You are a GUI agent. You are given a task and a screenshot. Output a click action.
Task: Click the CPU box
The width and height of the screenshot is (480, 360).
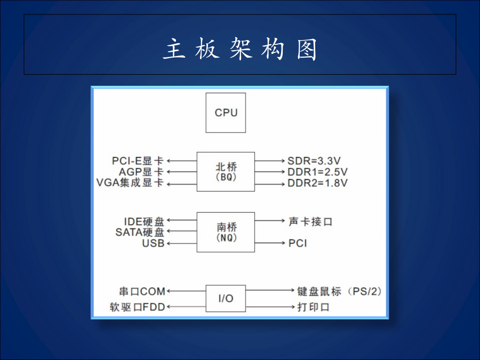pos(226,113)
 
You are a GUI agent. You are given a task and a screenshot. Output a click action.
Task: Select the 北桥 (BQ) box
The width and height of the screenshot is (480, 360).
pos(226,171)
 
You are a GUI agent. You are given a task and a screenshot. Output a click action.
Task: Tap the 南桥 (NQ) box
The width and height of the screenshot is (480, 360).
pos(226,232)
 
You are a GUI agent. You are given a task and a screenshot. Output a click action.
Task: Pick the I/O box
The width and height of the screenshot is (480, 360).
pos(226,298)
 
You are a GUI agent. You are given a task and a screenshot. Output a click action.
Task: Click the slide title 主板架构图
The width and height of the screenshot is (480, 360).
pos(240,50)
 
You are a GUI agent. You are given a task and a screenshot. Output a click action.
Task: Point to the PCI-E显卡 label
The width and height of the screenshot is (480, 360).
pos(138,160)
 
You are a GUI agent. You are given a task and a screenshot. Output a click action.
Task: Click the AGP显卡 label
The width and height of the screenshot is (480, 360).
pos(141,172)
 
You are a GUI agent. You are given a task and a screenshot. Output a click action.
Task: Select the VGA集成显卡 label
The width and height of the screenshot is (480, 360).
pos(130,183)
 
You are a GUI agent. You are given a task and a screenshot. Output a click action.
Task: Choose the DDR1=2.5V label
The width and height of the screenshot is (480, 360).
pos(317,172)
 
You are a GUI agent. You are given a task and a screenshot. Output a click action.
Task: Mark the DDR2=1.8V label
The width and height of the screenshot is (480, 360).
pos(317,183)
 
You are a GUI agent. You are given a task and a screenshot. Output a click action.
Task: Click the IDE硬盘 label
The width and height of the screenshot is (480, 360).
pos(144,221)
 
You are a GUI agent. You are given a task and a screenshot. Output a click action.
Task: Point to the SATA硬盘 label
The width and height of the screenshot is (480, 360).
pos(140,232)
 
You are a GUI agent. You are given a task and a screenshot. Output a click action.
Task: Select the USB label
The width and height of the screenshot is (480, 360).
pos(153,243)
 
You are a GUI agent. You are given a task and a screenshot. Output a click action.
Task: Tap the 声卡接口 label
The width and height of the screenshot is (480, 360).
pos(310,221)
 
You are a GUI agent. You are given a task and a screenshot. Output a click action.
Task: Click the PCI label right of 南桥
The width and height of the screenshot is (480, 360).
pos(298,243)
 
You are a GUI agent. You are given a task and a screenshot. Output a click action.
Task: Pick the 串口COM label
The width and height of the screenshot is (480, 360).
pos(142,291)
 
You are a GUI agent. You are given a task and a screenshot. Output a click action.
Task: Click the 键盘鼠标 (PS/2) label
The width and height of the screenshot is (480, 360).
pos(340,291)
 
